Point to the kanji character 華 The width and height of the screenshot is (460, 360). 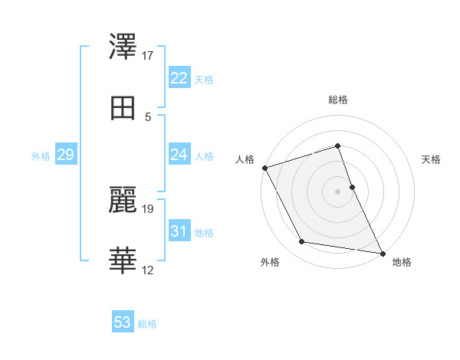pyautogui.click(x=124, y=261)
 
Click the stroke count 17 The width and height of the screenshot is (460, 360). pyautogui.click(x=148, y=56)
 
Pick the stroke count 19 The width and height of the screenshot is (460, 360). pyautogui.click(x=148, y=208)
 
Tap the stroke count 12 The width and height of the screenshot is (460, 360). pyautogui.click(x=148, y=270)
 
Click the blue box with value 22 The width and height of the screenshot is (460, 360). pyautogui.click(x=179, y=78)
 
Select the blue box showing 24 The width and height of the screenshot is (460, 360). pyautogui.click(x=179, y=155)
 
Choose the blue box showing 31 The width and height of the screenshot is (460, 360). pyautogui.click(x=179, y=231)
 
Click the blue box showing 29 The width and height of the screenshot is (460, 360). pyautogui.click(x=65, y=155)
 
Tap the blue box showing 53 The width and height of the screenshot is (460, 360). pyautogui.click(x=123, y=322)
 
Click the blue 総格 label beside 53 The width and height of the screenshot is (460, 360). pyautogui.click(x=147, y=324)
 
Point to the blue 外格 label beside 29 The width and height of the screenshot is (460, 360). pyautogui.click(x=41, y=156)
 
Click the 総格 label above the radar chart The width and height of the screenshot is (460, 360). pyautogui.click(x=338, y=100)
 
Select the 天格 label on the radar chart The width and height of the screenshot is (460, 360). pyautogui.click(x=432, y=159)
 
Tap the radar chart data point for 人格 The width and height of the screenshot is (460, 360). pyautogui.click(x=264, y=168)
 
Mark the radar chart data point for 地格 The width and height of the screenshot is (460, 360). pyautogui.click(x=383, y=253)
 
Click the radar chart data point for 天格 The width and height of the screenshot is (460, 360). pyautogui.click(x=352, y=187)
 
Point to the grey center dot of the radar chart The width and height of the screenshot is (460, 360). pyautogui.click(x=338, y=191)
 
